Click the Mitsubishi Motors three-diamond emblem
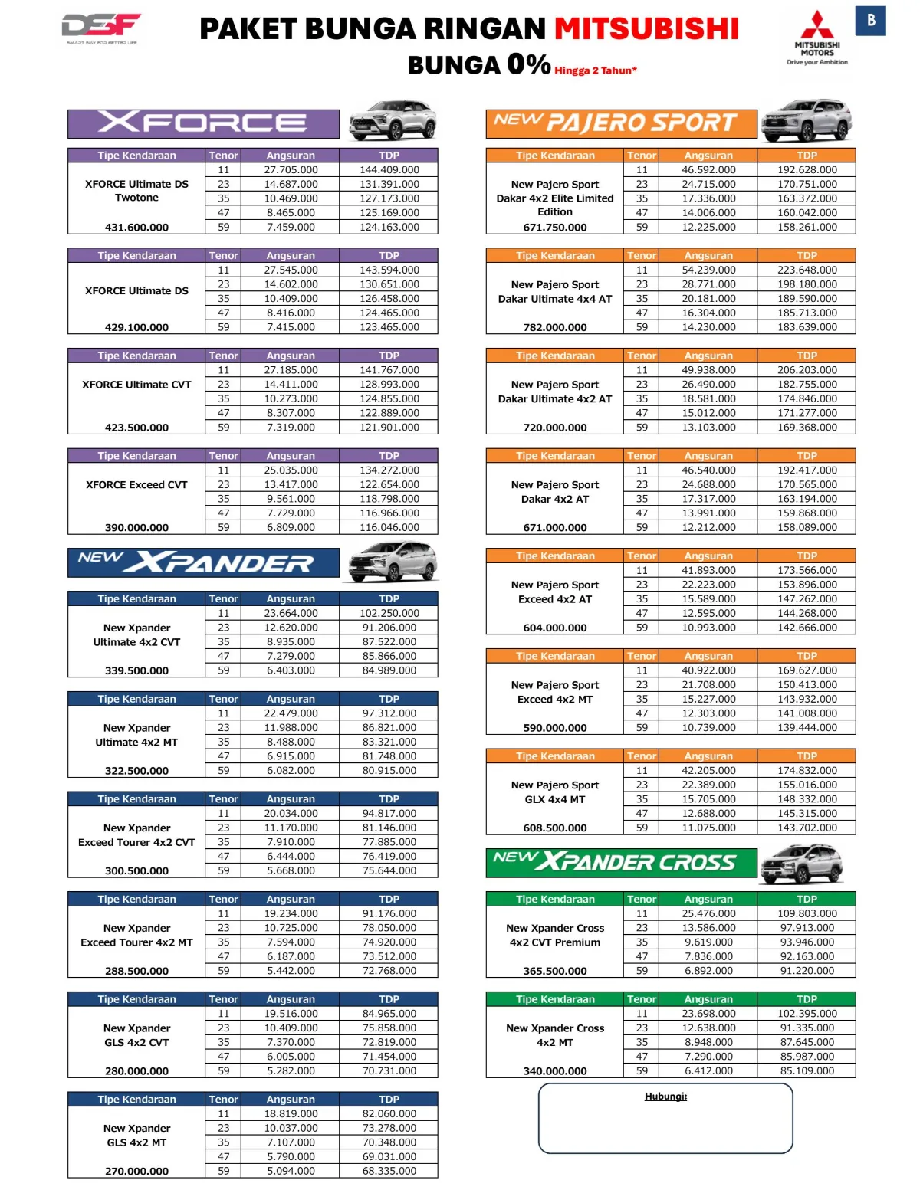(x=817, y=25)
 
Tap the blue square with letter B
(x=870, y=21)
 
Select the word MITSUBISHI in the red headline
(x=646, y=29)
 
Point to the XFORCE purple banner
(x=203, y=123)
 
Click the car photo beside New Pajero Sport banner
(x=807, y=120)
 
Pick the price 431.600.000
(x=136, y=228)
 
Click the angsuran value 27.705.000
(x=291, y=170)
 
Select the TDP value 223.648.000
(x=807, y=270)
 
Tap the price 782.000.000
(x=555, y=328)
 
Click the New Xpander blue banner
(x=203, y=563)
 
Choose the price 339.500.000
(x=136, y=670)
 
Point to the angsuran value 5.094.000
(x=291, y=1171)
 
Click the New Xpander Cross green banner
(x=621, y=863)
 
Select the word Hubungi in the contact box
(x=665, y=1097)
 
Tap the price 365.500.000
(x=555, y=971)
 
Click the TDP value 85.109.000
(x=807, y=1071)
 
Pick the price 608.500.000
(x=555, y=828)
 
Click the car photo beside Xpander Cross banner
(x=802, y=864)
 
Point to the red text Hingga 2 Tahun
(x=595, y=70)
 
